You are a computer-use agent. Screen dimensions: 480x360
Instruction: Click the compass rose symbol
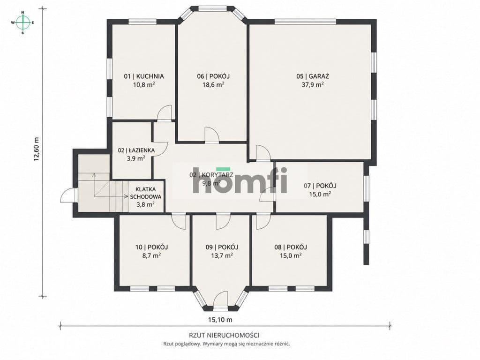[x=22, y=22]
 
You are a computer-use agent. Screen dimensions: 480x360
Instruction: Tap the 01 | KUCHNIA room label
[x=143, y=76]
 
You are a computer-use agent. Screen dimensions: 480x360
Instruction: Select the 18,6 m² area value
[x=213, y=85]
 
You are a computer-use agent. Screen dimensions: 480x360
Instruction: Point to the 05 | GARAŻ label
[x=313, y=76]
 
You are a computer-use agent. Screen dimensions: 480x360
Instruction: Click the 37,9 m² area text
[x=313, y=85]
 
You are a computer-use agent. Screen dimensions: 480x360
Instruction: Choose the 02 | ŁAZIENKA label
[x=136, y=150]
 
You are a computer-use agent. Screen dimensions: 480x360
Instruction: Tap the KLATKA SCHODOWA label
[x=146, y=193]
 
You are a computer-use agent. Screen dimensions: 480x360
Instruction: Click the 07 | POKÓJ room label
[x=320, y=186]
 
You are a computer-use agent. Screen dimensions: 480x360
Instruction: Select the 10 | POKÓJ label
[x=151, y=247]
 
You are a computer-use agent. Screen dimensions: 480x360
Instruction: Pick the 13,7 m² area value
[x=222, y=255]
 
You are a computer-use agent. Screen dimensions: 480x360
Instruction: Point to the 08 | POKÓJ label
[x=291, y=247]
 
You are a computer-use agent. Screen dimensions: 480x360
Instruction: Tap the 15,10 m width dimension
[x=220, y=320]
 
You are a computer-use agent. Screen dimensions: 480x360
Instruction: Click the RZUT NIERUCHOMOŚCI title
[x=225, y=335]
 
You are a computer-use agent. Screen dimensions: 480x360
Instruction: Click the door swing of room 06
[x=212, y=135]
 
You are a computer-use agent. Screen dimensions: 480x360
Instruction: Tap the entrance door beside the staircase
[x=68, y=195]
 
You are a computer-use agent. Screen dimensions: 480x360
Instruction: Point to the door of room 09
[x=223, y=222]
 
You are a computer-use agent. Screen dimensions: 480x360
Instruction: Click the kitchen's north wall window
[x=142, y=22]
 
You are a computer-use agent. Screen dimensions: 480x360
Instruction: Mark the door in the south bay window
[x=220, y=300]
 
